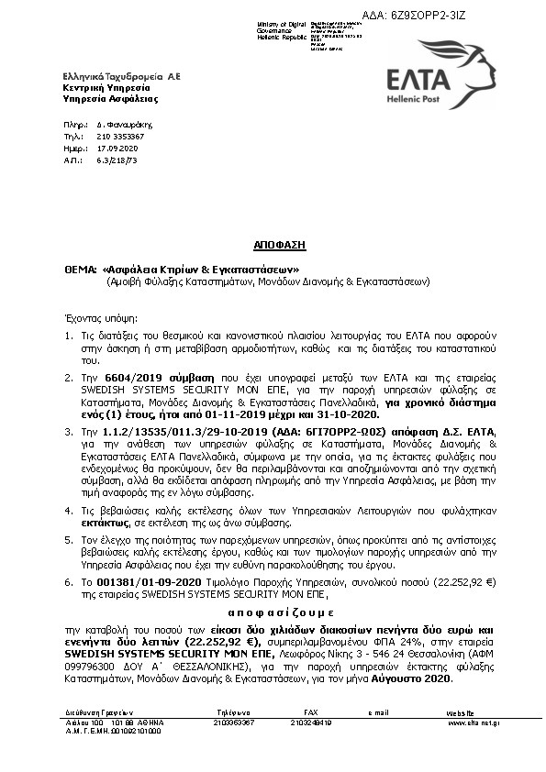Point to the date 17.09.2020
tap(117, 147)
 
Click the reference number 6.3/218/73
tap(117, 159)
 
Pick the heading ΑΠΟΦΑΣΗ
tap(279, 247)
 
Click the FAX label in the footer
tap(310, 711)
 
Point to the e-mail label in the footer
tap(379, 711)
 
